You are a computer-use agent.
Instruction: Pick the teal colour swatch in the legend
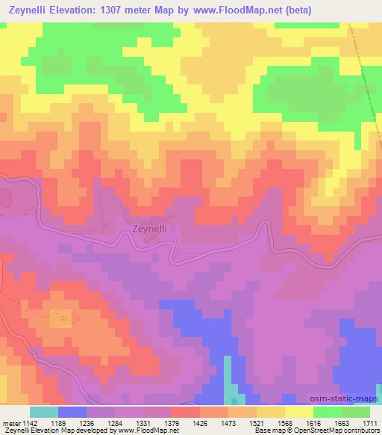(44, 413)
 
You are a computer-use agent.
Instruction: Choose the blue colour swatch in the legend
(72, 413)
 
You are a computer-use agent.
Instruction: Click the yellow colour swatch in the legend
(299, 413)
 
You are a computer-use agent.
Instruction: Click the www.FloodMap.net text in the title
(217, 10)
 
